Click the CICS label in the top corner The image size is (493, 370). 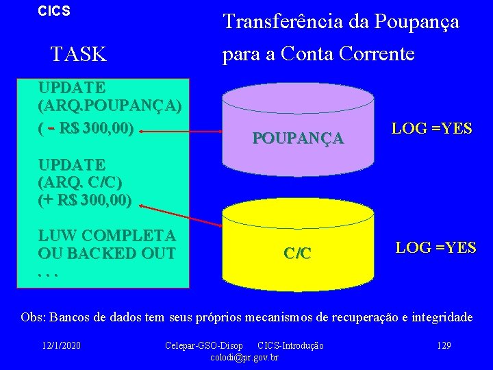(54, 12)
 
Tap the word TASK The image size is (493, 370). (79, 54)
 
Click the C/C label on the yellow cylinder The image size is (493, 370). (297, 253)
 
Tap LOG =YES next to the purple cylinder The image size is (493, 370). (431, 128)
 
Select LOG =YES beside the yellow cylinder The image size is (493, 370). (435, 247)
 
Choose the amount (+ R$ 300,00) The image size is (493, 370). (85, 201)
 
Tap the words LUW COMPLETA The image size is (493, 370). (107, 235)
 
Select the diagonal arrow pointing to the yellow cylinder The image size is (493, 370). (180, 212)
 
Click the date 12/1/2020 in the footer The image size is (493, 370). (60, 345)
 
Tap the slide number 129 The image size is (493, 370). (444, 345)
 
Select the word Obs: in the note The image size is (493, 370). (34, 318)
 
